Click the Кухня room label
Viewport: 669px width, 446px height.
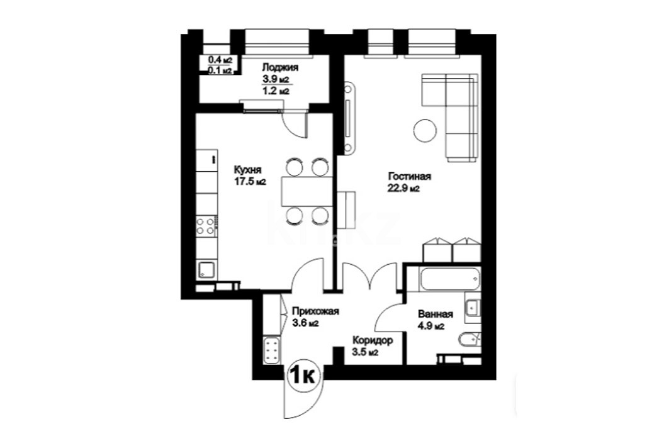pos(247,170)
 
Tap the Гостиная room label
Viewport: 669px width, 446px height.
pos(409,177)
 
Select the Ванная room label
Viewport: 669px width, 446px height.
pos(435,315)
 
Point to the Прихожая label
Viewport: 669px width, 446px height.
pos(315,311)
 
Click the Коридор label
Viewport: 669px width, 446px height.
pos(373,341)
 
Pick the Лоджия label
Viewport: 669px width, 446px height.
pos(280,67)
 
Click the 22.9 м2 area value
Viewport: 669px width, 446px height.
pos(403,189)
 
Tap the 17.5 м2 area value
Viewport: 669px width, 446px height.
pos(249,182)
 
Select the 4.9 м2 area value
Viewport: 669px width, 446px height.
pos(431,326)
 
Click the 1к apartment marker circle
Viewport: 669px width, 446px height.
pos(303,376)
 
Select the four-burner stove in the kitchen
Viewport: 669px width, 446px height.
pos(206,226)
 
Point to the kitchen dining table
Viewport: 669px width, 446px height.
pos(306,191)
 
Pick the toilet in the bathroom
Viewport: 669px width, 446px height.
pos(469,340)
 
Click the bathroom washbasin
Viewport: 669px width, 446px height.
pos(473,306)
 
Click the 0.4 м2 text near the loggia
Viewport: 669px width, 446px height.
pos(219,60)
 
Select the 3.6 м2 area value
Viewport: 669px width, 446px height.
pos(305,323)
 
